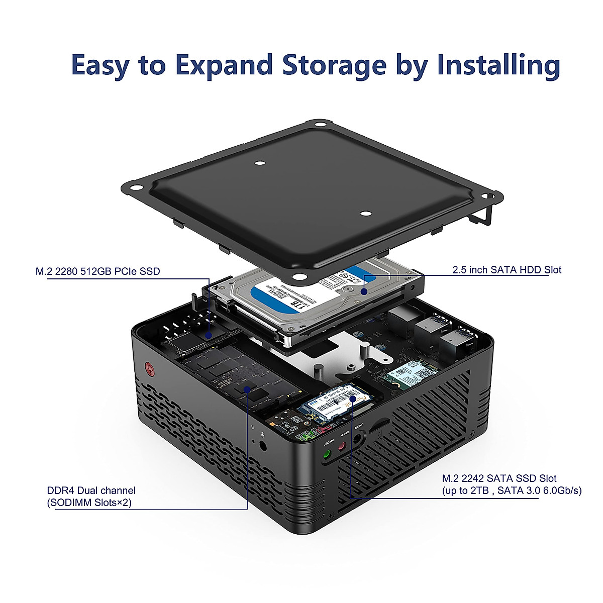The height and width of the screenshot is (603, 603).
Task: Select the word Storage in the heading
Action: pos(334,66)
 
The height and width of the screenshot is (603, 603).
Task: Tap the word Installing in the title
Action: pos(498,66)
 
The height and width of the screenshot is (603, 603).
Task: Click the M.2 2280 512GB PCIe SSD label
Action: pos(97,271)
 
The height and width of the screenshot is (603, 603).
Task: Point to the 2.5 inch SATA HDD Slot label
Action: pos(507,270)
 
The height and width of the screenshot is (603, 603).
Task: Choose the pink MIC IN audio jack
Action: pos(342,446)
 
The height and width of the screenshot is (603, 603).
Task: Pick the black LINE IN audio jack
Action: pos(358,438)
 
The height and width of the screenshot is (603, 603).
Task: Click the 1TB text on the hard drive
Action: pos(298,305)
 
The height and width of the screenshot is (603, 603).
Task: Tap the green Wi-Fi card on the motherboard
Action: pos(410,374)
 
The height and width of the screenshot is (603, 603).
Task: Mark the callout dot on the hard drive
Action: pos(364,291)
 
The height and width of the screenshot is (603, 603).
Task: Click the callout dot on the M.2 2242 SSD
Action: pos(353,398)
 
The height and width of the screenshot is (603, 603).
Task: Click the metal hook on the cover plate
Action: pos(483,216)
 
